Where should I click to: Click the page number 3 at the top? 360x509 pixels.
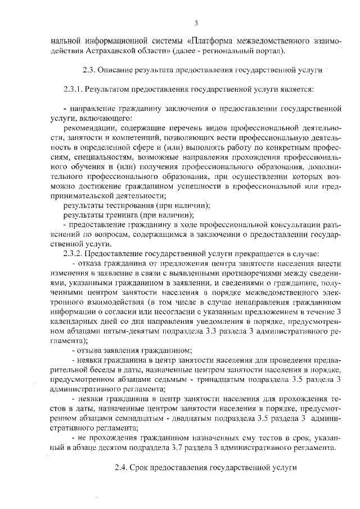coord(196,22)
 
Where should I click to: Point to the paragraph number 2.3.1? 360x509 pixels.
coord(73,89)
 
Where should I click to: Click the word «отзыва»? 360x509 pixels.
coord(89,350)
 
